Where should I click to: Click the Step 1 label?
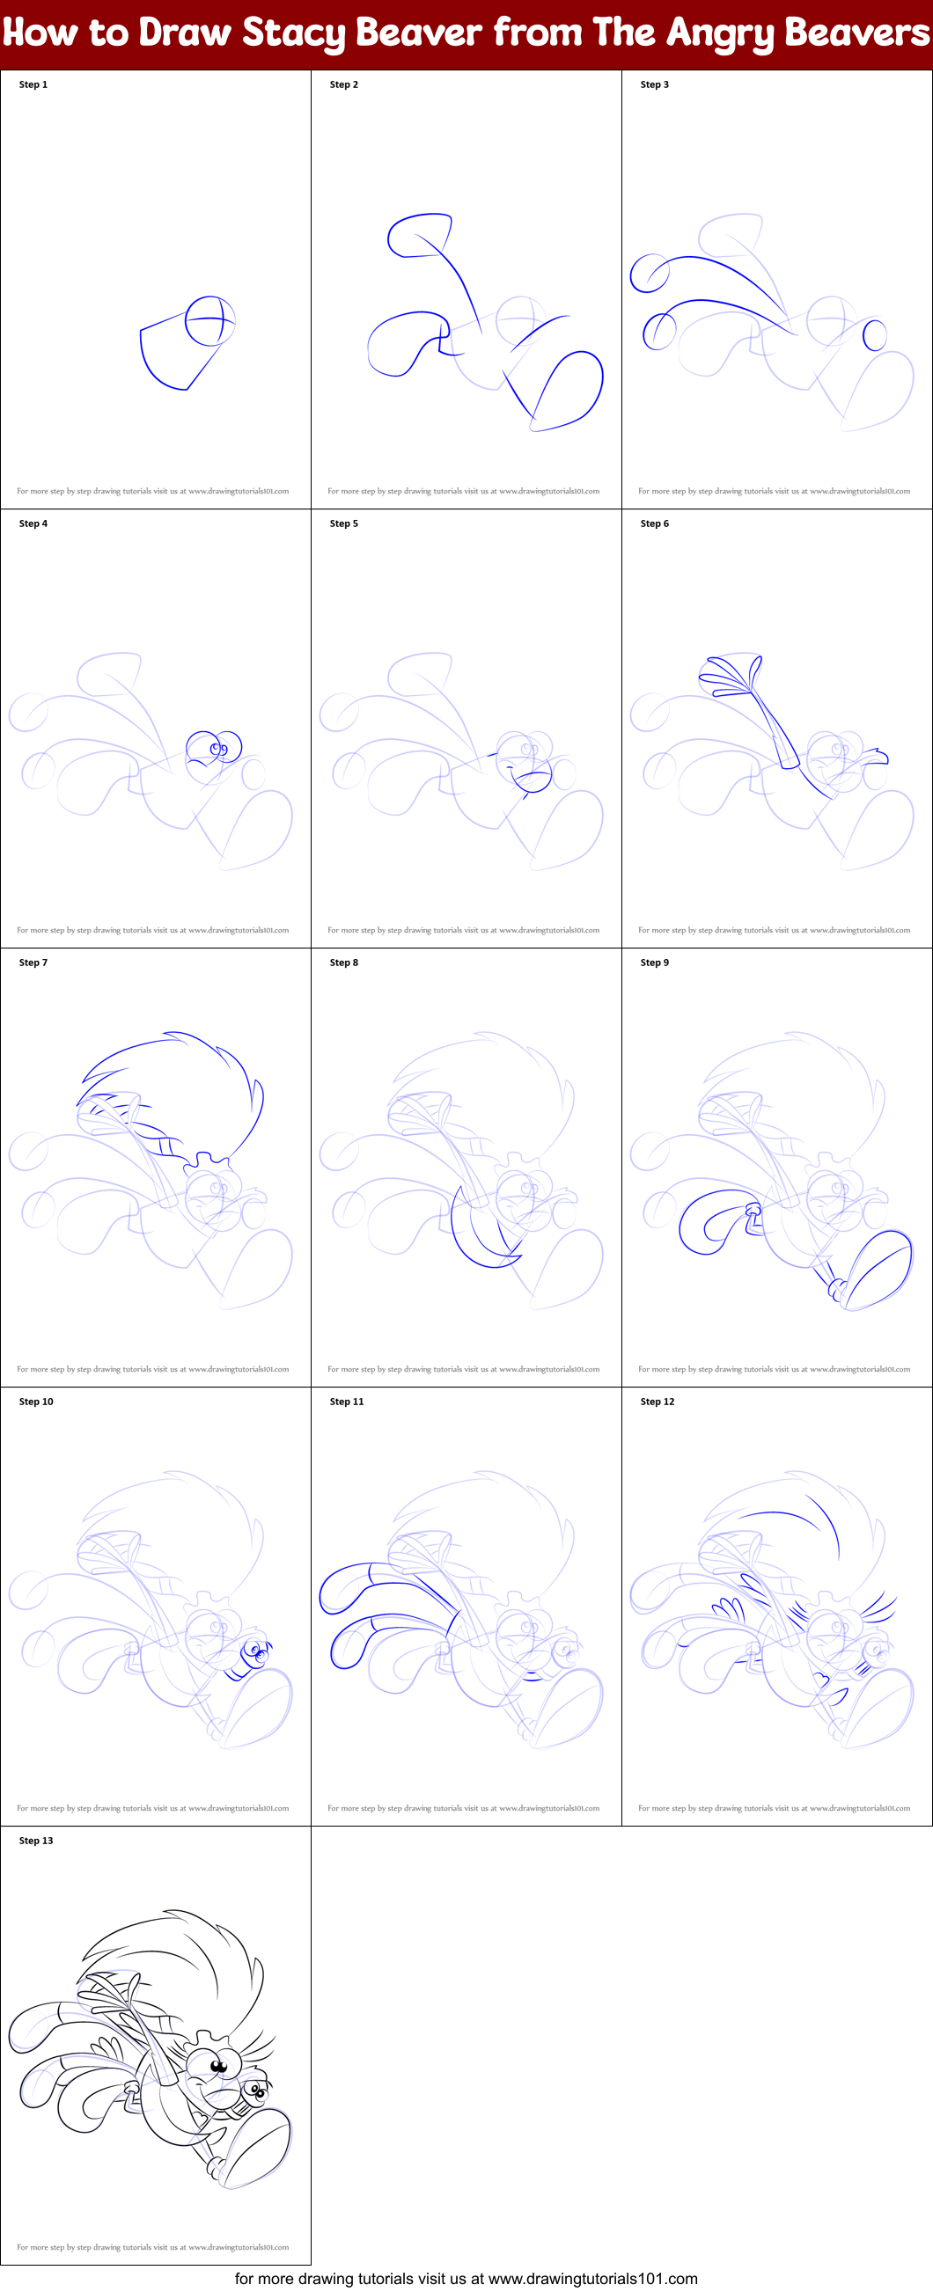coord(33,84)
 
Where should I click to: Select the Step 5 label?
coord(343,524)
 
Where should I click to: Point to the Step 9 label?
coord(654,962)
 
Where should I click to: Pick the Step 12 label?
coord(657,1402)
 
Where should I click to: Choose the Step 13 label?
coord(35,1840)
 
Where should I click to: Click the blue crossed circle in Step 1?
coord(209,321)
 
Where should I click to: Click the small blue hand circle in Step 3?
coord(875,335)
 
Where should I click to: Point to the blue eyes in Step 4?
coord(219,747)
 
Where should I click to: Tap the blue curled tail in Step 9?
coord(712,1222)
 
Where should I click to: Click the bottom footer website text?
coord(466,2278)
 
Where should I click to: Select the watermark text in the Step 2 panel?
coord(463,491)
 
